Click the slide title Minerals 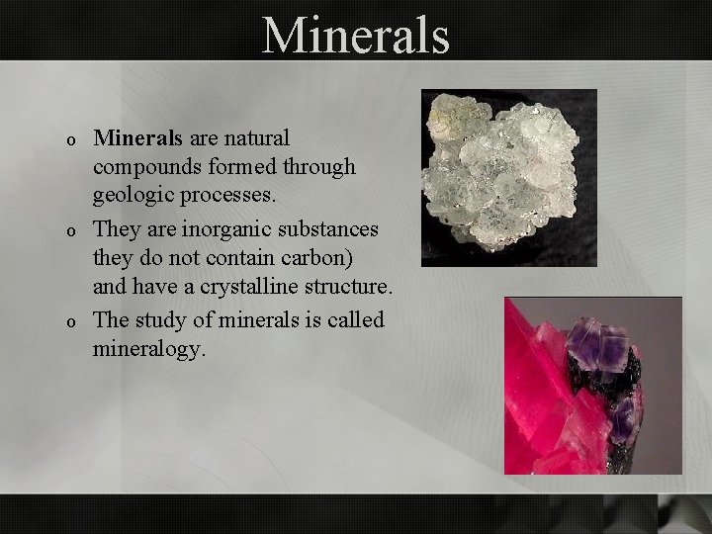(356, 36)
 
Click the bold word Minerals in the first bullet (133, 137)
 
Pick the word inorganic (208, 228)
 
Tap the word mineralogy (149, 350)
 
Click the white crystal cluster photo (508, 177)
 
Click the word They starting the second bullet (118, 228)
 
